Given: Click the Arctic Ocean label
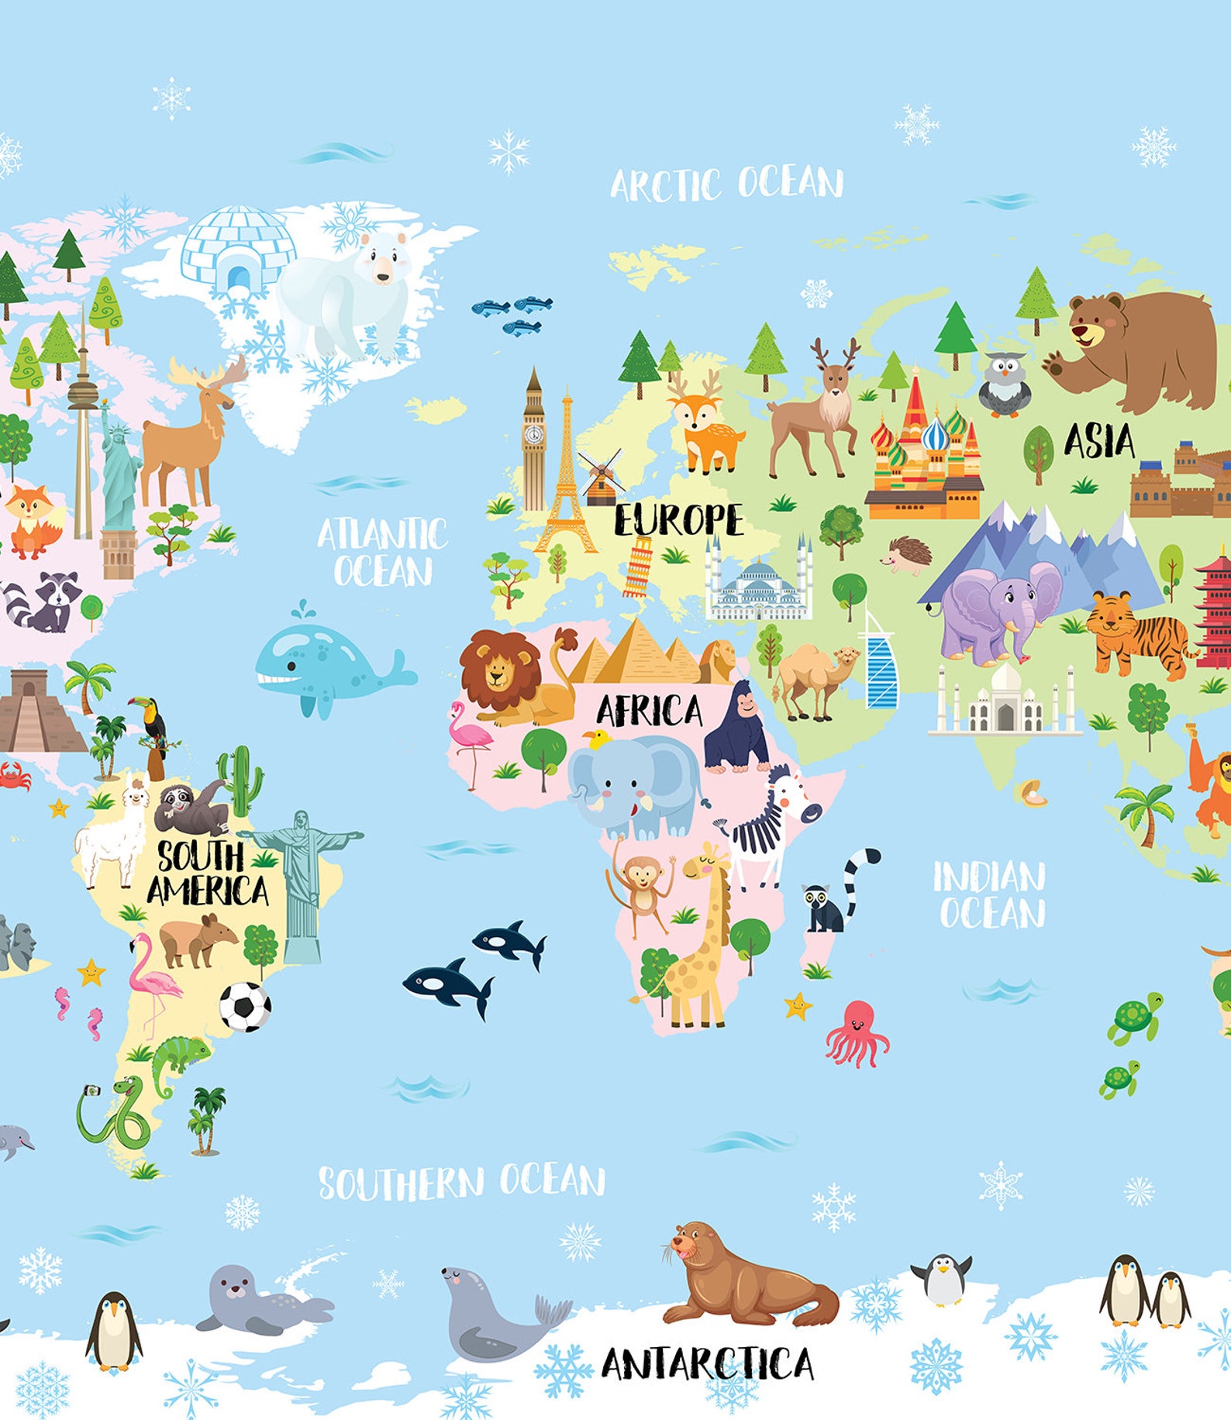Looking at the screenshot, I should point(726,184).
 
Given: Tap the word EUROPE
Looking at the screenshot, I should point(678,520).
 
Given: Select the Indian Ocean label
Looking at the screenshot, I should point(990,894).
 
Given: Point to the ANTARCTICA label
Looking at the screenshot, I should point(707,1363).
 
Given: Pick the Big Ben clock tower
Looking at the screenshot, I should point(533,442).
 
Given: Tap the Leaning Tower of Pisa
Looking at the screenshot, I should point(639,568).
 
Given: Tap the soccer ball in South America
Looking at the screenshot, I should point(245,1007).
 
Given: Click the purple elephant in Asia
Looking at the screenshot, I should point(995,612).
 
